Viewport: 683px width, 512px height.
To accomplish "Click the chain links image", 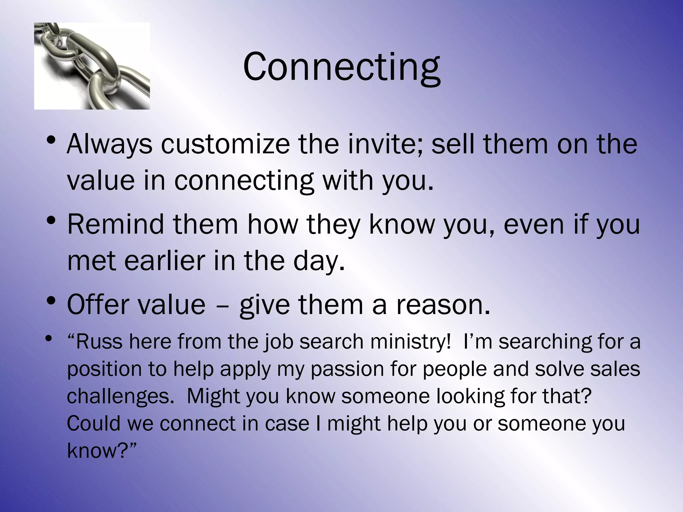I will coord(92,66).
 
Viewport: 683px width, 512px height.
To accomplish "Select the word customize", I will coord(225,144).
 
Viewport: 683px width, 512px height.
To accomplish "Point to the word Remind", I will coord(116,224).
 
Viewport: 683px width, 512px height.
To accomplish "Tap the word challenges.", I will coord(118,397).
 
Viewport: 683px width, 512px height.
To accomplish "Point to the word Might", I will coord(213,397).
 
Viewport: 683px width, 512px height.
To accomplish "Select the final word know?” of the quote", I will coord(102,451).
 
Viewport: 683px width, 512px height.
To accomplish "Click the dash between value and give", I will coord(222,306).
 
